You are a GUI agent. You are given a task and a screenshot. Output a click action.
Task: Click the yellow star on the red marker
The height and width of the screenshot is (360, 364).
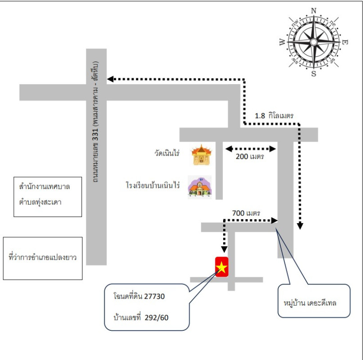click(222, 267)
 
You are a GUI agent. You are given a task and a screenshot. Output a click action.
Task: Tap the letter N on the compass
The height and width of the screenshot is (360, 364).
click(314, 11)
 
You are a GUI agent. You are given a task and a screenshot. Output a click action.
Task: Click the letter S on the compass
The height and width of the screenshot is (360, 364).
click(314, 74)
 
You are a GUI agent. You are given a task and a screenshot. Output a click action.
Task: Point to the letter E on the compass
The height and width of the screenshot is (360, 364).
click(345, 42)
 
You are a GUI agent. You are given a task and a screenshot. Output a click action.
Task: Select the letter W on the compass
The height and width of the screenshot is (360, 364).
click(282, 43)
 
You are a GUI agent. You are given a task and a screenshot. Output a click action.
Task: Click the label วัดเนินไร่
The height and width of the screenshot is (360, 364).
click(166, 153)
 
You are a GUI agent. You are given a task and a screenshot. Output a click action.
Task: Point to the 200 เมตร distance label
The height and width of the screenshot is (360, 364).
click(250, 157)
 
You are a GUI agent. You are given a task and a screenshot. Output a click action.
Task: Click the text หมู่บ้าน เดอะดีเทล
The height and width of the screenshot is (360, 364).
click(310, 303)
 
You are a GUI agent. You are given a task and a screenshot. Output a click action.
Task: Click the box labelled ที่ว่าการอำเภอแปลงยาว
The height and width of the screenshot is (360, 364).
click(43, 258)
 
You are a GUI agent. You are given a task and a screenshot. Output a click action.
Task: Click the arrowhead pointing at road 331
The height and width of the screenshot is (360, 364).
click(110, 79)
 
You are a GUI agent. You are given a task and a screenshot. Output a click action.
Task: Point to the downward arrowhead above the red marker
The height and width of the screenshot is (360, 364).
click(224, 249)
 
